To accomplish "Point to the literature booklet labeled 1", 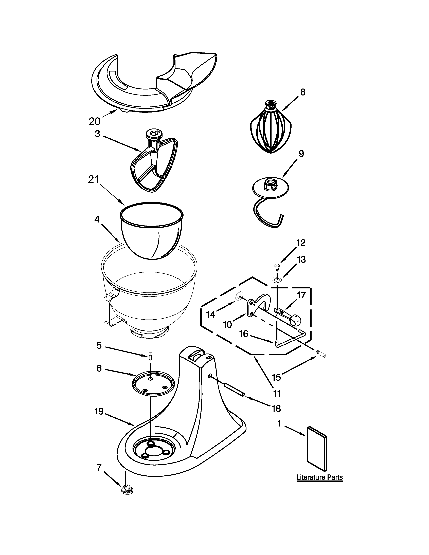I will pos(317,449).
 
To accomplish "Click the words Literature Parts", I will pos(319,477).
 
